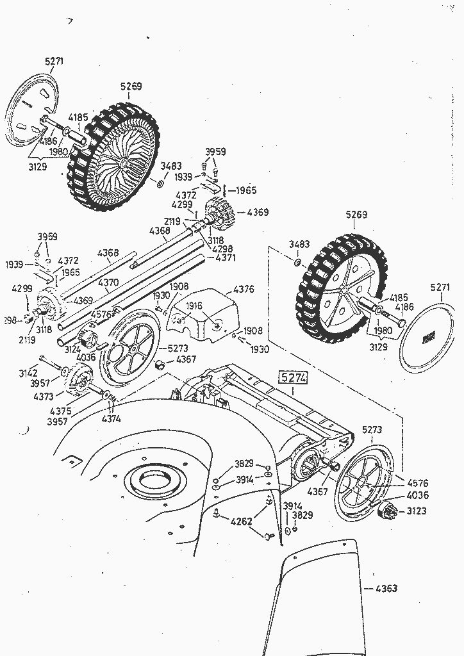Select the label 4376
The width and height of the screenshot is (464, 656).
coord(244,289)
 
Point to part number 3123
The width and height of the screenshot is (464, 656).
coord(418,511)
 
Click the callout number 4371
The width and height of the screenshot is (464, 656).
coord(225,258)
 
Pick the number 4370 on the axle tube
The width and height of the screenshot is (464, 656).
coord(108,282)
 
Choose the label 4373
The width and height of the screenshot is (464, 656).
coord(44,397)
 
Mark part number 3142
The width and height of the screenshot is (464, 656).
coord(28,373)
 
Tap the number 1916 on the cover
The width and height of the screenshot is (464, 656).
coord(194,306)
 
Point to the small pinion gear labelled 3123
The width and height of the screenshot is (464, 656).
coord(388,511)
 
